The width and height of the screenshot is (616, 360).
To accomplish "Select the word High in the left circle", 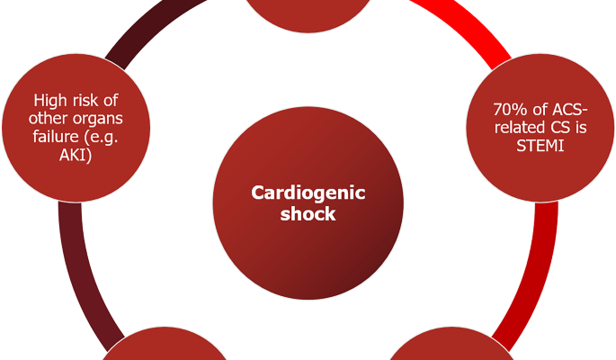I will coord(50,101).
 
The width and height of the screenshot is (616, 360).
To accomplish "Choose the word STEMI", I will coord(540,144).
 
